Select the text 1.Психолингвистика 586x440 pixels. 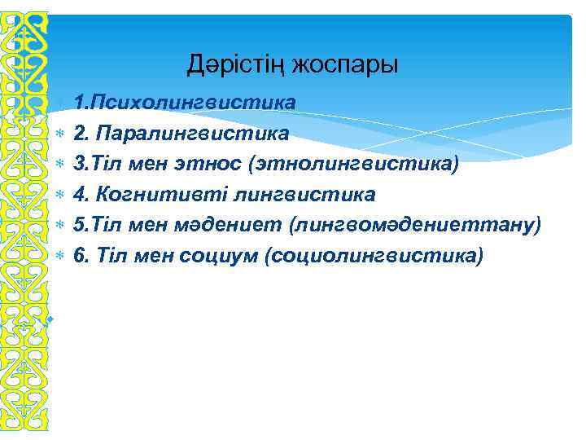(x=184, y=103)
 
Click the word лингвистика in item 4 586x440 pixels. (x=304, y=195)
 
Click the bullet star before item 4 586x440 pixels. (x=59, y=195)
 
